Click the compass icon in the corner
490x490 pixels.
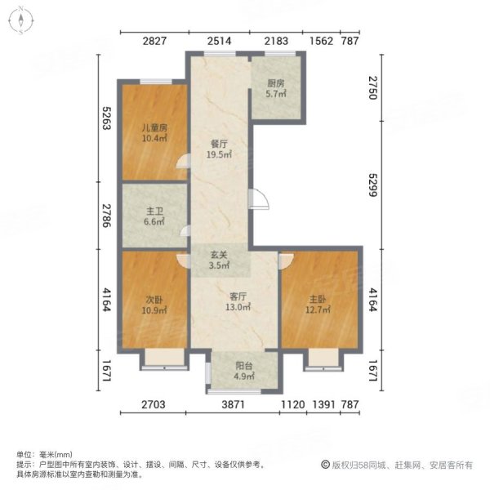pos(22,21)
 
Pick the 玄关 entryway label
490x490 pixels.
pos(218,259)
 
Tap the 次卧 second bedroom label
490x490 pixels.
pos(154,305)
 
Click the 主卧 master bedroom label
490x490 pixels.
pos(318,304)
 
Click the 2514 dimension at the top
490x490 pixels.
pos(220,41)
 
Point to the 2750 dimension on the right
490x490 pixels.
pos(373,86)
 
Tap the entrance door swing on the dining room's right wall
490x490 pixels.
pos(259,199)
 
